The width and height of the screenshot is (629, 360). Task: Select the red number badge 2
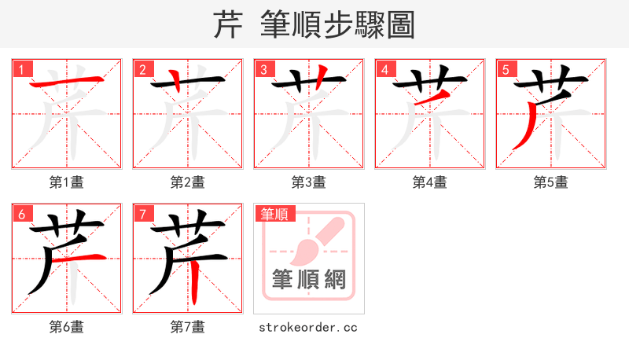[x=142, y=69]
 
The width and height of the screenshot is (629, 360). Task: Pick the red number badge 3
[x=263, y=69]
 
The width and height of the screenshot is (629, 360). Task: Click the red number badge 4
[x=384, y=69]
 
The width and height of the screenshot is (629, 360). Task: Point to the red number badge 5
[x=505, y=69]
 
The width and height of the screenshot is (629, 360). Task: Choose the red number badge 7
[x=142, y=214]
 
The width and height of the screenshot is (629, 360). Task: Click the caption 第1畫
[x=67, y=182]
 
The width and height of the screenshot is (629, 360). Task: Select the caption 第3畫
[x=309, y=182]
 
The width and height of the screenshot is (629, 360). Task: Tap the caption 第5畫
[x=551, y=182]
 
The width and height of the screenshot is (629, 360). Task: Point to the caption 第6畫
[x=67, y=327]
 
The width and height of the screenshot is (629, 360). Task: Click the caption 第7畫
[x=188, y=327]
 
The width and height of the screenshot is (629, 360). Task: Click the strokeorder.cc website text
[x=309, y=327]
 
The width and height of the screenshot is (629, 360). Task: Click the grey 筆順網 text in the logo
[x=309, y=280]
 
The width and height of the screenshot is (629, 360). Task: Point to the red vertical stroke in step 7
[x=194, y=279]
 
